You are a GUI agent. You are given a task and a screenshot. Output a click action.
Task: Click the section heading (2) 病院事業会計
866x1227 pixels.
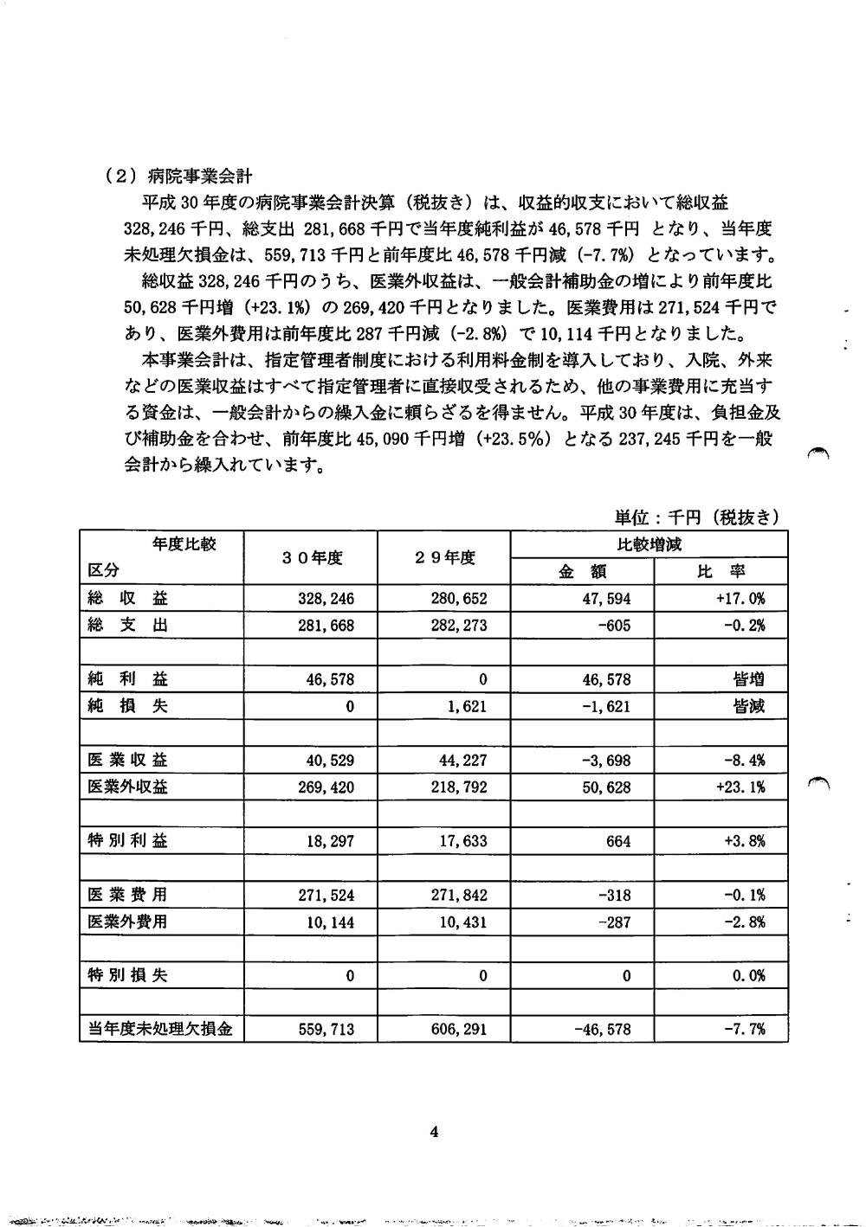point(178,176)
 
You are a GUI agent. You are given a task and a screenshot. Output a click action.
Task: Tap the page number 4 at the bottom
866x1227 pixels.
point(434,1132)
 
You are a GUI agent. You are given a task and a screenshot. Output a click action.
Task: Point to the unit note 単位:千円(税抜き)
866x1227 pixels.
point(696,517)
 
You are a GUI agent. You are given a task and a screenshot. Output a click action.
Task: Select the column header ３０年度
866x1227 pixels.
point(313,558)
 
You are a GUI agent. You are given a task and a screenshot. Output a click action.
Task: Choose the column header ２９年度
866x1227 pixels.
point(445,558)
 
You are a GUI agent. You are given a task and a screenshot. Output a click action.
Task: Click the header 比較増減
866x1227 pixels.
point(649,544)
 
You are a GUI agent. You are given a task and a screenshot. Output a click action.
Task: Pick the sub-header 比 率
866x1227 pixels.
point(721,571)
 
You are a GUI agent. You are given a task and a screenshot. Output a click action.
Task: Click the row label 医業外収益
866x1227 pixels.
point(128,787)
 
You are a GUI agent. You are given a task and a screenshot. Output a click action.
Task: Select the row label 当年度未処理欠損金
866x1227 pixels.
point(160,1030)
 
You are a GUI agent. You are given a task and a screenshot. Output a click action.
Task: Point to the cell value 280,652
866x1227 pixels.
point(458,599)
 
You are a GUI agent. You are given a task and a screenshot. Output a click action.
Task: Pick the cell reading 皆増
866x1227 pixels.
point(748,679)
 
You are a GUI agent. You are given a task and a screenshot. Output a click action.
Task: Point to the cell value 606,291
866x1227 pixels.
point(458,1030)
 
